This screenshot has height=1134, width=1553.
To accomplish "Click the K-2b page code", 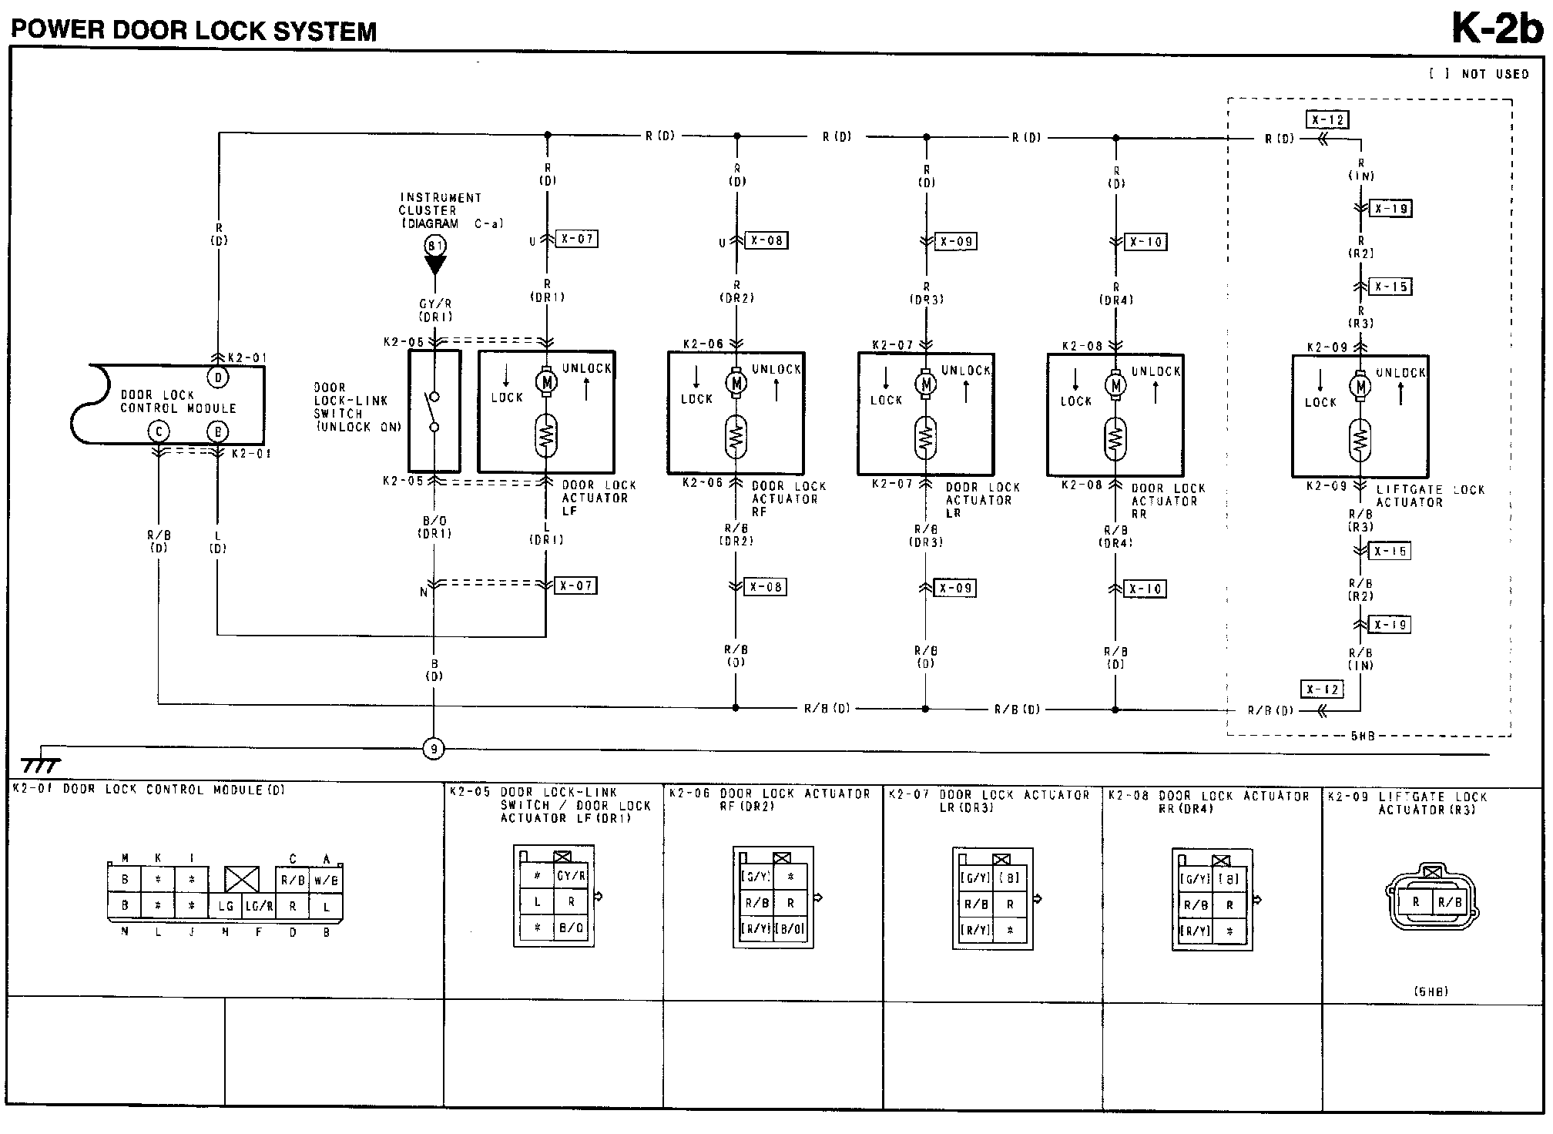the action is (1497, 29).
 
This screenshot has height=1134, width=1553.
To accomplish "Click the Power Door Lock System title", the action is (194, 31).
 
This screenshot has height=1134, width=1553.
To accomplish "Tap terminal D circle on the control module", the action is (218, 377).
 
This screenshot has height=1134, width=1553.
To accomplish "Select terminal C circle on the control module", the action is (159, 432).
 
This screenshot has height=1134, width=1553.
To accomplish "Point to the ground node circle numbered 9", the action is (434, 748).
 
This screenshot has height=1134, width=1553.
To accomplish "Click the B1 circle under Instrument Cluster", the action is (435, 246).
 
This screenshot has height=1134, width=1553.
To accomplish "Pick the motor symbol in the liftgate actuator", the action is (1361, 387).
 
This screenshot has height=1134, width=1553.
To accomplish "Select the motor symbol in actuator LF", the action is (547, 381).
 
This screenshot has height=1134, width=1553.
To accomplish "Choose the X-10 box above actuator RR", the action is (1145, 242).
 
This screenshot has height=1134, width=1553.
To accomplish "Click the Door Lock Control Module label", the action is (178, 401).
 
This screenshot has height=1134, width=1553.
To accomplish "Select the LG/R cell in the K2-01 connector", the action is (259, 907).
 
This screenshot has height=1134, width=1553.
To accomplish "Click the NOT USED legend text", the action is (1494, 74).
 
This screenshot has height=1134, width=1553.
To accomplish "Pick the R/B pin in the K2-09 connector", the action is (1449, 902).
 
